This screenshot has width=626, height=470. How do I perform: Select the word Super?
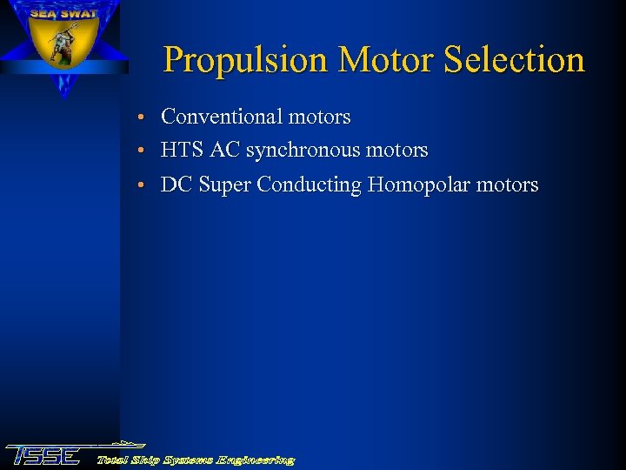(225, 185)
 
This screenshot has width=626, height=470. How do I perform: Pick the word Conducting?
(309, 185)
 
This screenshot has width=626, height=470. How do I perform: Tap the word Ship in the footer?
(146, 460)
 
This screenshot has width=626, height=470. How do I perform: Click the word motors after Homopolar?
(508, 185)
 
